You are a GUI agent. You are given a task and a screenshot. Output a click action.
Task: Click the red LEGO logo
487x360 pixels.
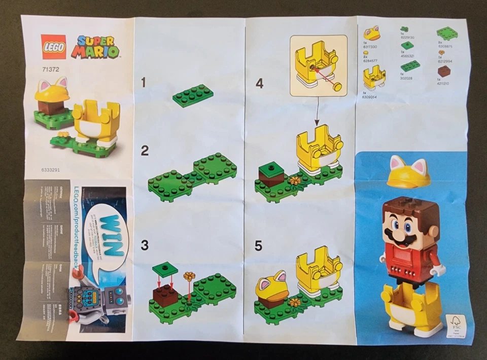(x=53, y=47)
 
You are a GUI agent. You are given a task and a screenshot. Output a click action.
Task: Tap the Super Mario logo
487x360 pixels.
(x=95, y=46)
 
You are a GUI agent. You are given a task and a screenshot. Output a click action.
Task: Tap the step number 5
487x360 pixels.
(x=258, y=246)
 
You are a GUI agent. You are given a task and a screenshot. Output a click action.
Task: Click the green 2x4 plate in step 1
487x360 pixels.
(x=192, y=95)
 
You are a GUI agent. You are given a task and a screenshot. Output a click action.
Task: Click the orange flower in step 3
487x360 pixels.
(x=189, y=276)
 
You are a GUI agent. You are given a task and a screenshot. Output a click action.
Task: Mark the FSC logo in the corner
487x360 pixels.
(x=455, y=324)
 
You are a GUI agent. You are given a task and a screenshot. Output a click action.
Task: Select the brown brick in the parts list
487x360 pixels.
(x=444, y=70)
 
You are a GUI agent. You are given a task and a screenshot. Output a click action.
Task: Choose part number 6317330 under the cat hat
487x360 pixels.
(x=371, y=45)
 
